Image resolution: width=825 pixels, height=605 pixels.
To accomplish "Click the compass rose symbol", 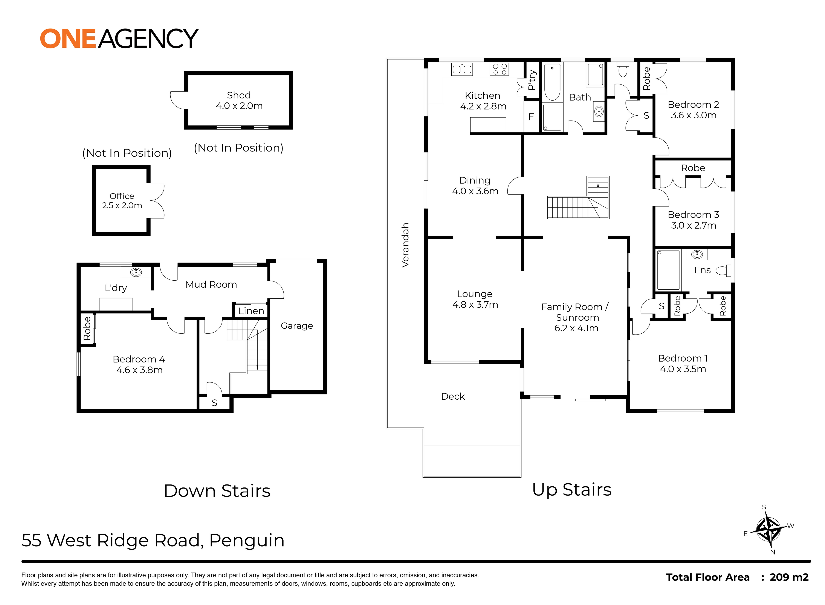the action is pos(768,530).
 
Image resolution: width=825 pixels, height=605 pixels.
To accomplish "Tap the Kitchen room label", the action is pos(482,96).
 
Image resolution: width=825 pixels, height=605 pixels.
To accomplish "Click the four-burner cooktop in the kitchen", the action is pos(500,69).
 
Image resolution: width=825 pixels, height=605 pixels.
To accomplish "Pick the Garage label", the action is pos(297,325).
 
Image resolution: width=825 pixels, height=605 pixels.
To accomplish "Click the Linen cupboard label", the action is pos(251,311).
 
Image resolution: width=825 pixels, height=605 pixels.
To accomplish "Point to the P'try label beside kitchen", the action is pos(532,80).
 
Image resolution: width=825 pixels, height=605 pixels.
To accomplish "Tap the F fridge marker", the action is pos(531,117).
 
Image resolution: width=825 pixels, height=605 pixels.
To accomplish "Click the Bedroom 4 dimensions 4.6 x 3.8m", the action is pos(139,370).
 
